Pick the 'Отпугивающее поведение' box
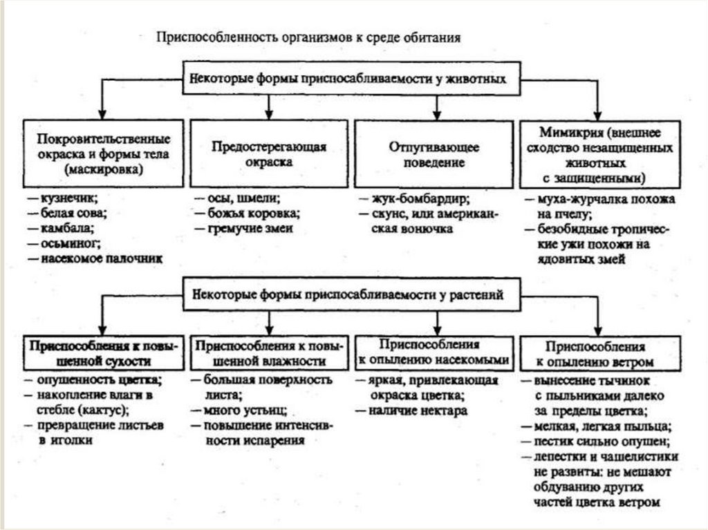click(x=434, y=155)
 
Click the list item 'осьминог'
click(x=71, y=243)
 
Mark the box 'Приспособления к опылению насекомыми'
click(x=434, y=352)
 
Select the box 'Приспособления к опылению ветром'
click(x=595, y=352)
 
